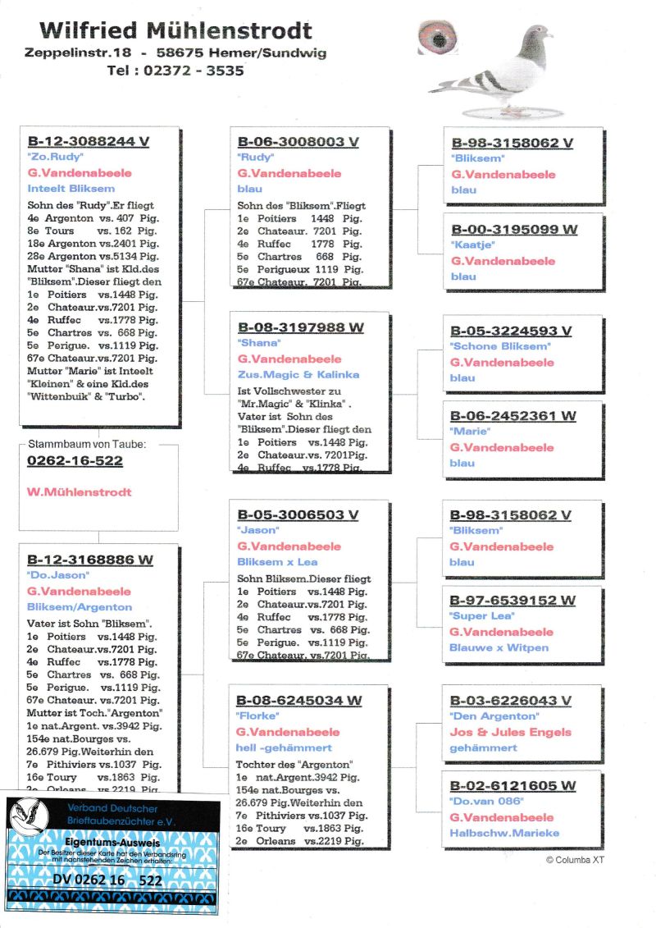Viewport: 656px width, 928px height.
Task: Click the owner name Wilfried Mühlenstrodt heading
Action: click(176, 32)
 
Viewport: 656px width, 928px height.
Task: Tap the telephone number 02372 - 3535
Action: click(175, 71)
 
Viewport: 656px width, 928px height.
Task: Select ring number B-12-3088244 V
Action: click(89, 141)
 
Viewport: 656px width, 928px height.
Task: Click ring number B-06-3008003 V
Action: click(298, 142)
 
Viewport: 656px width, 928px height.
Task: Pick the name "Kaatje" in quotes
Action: click(471, 245)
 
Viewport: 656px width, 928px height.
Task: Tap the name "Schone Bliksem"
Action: click(500, 346)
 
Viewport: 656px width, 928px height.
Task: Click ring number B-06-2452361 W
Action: click(512, 416)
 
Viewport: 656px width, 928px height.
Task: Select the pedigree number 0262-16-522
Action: click(75, 461)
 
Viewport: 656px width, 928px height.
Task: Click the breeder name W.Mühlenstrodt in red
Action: click(80, 492)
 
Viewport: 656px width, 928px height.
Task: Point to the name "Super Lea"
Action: click(482, 615)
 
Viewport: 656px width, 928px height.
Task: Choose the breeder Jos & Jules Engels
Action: click(510, 732)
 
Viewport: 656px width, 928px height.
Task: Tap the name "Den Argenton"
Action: click(494, 716)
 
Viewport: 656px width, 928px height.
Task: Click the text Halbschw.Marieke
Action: click(504, 833)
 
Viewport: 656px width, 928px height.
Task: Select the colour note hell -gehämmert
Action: click(284, 747)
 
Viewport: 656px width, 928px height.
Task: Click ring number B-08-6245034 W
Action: click(299, 701)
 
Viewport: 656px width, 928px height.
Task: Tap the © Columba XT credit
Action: click(575, 859)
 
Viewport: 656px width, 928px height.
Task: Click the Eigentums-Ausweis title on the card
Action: click(112, 842)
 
